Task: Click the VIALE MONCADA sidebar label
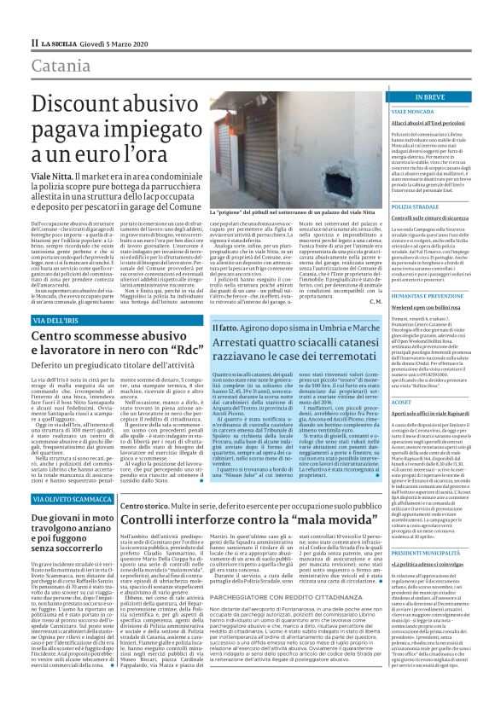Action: (x=414, y=112)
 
